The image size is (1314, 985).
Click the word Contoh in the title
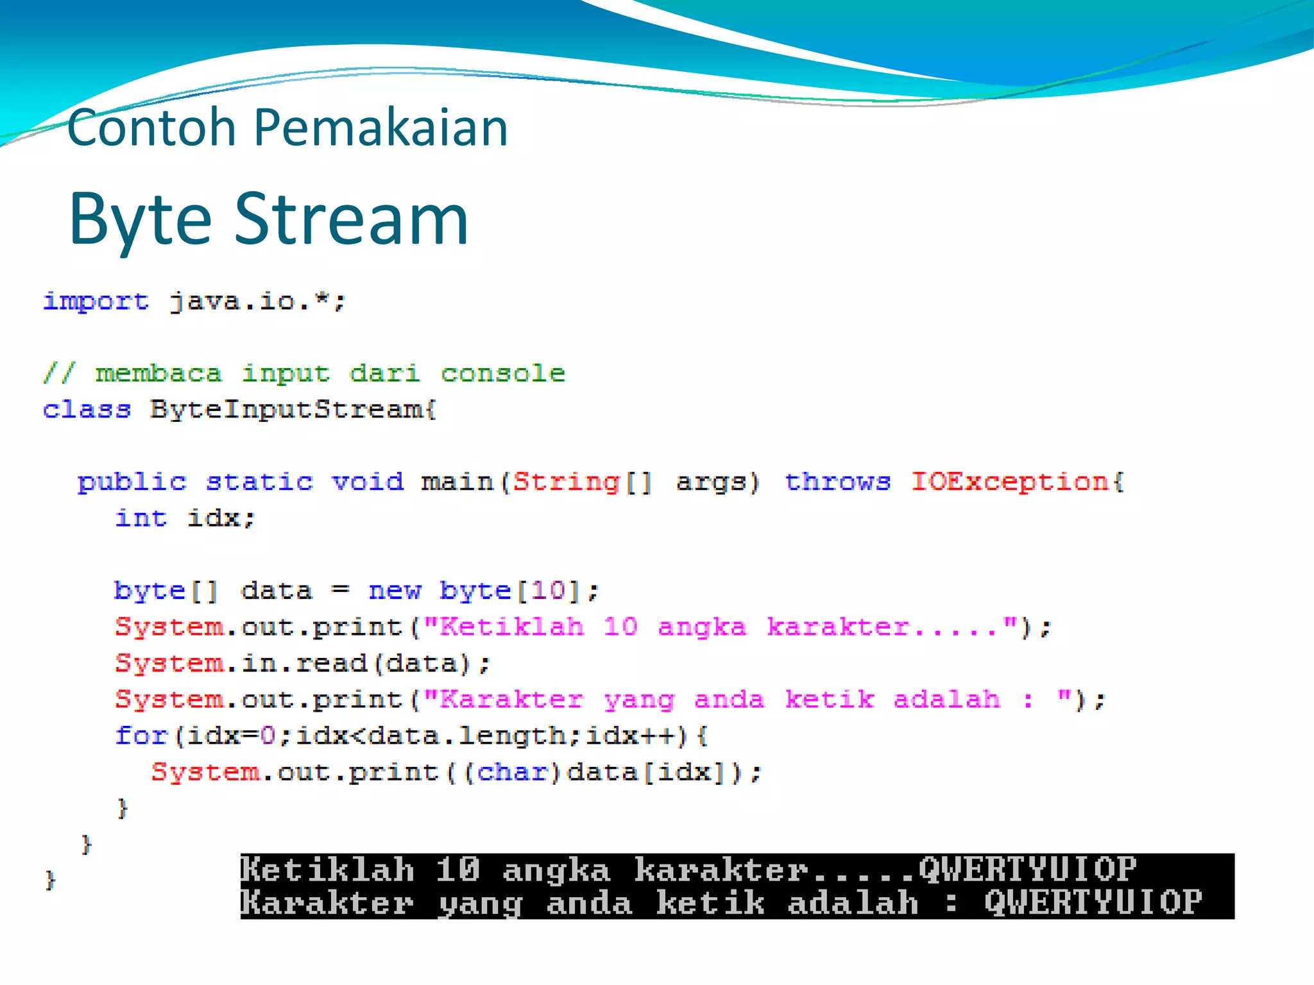(151, 128)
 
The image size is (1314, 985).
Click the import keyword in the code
(96, 301)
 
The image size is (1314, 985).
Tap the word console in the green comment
(502, 373)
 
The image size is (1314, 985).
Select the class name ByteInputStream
(292, 409)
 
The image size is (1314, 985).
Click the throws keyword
(837, 482)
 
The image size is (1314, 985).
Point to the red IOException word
(1010, 482)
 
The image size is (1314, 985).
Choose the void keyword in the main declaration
(368, 482)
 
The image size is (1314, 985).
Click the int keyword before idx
(141, 518)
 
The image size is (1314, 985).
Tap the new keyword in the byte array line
(395, 590)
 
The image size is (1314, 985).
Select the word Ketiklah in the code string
(511, 627)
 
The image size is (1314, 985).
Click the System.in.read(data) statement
(302, 663)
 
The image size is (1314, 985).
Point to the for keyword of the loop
(141, 736)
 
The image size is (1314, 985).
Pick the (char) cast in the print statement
(511, 772)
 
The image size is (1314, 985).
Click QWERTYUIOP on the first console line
(1027, 870)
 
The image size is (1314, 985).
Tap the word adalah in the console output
(853, 903)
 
